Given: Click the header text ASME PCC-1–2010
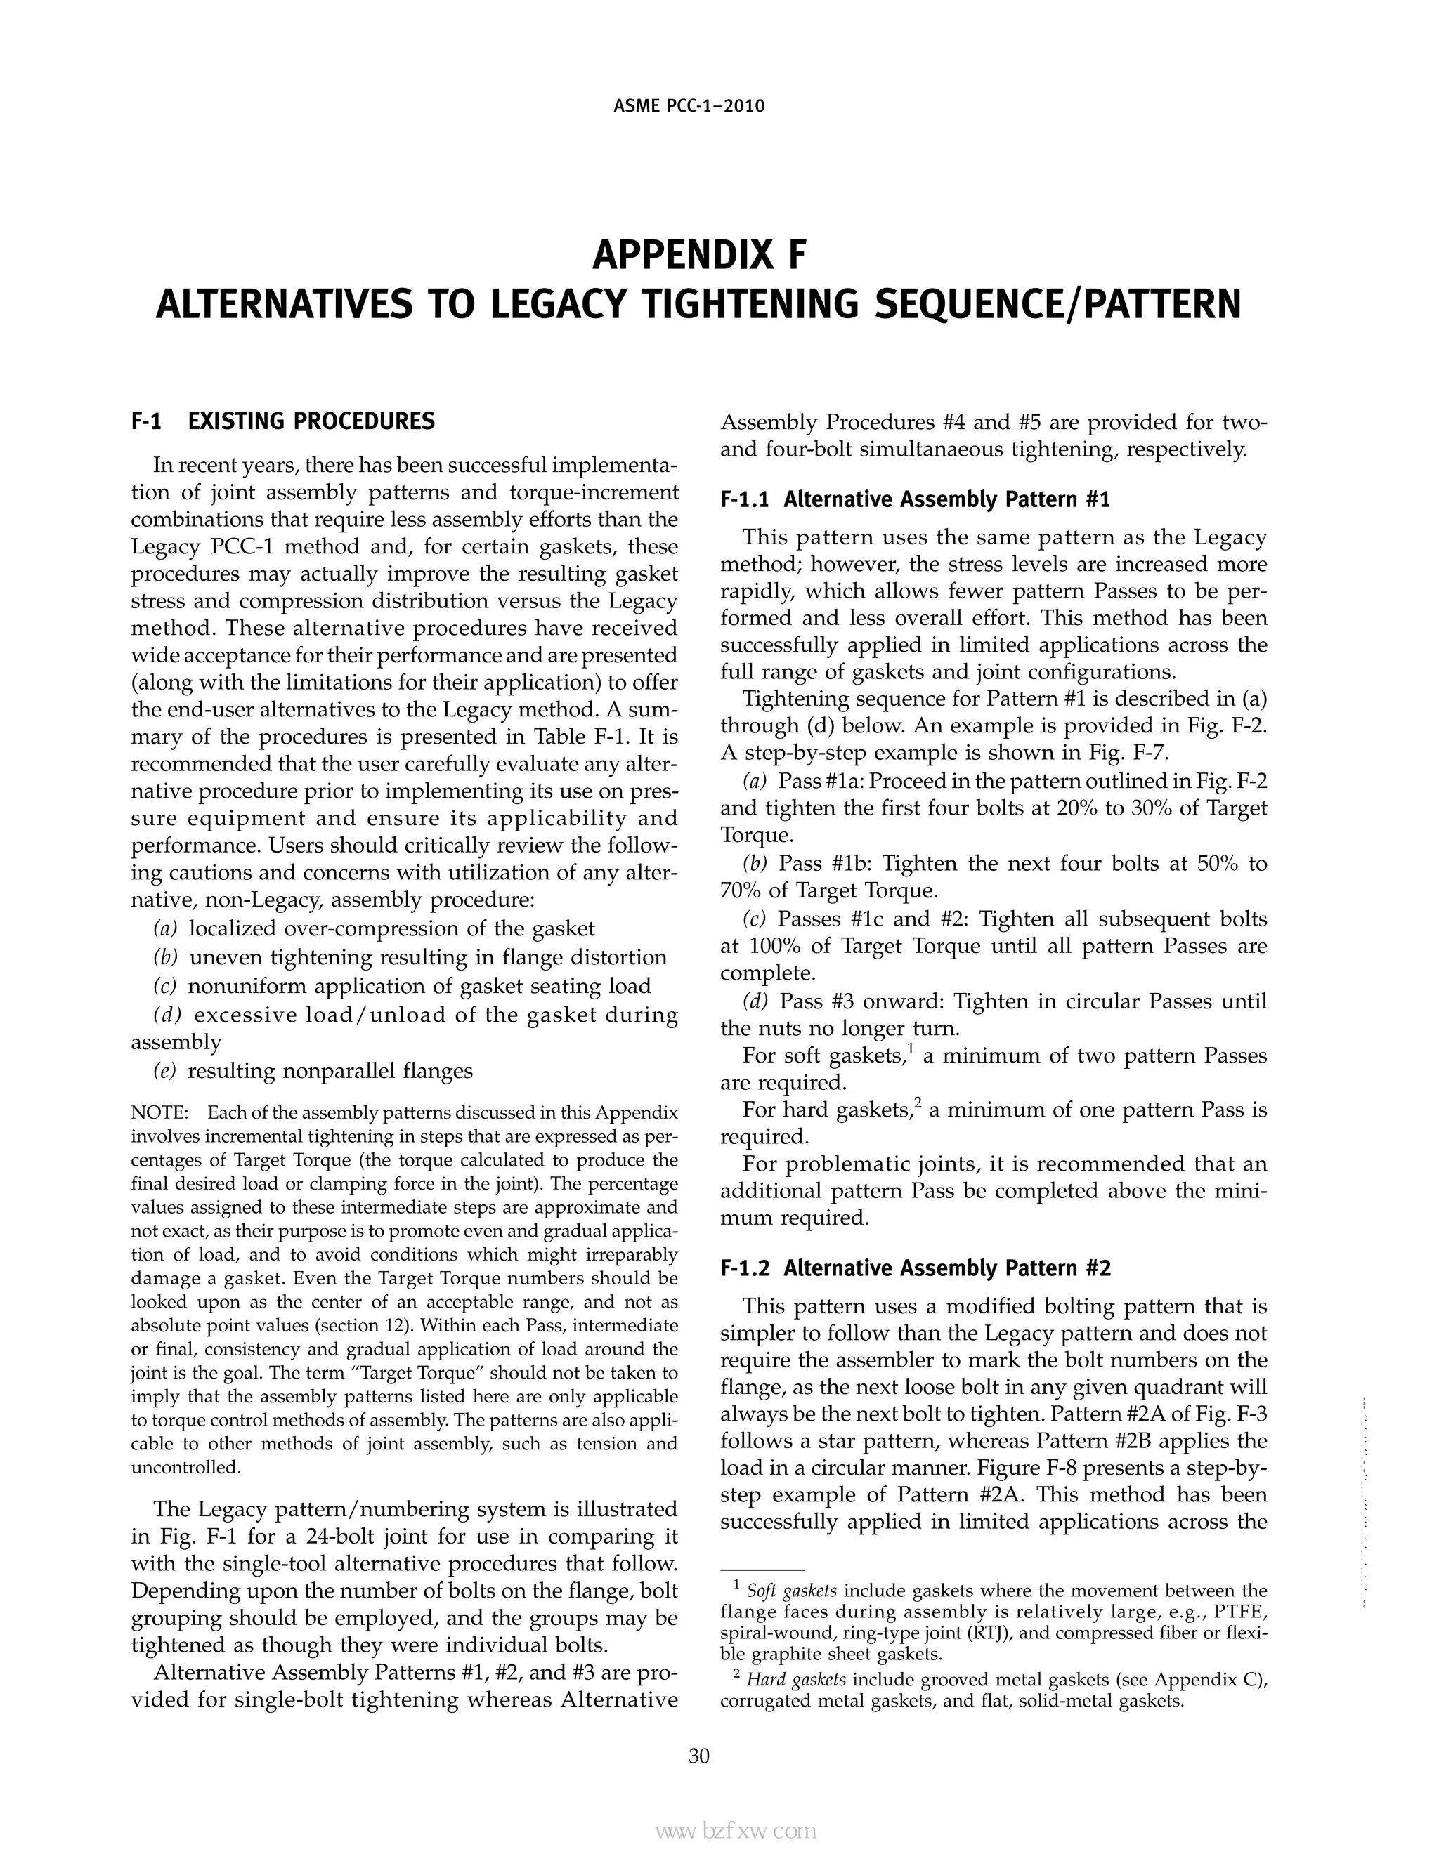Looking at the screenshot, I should click(x=689, y=107).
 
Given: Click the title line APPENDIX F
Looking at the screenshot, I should click(x=698, y=256).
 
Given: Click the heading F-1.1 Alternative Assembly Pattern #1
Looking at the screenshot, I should click(x=915, y=499).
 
